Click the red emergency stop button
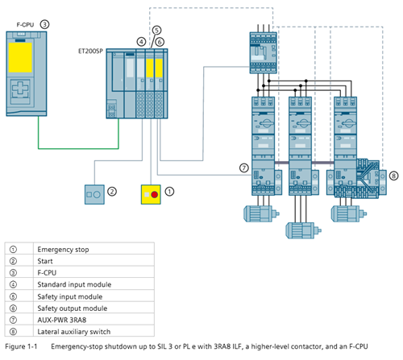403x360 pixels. pos(155,195)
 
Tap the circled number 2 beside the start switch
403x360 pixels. pos(112,192)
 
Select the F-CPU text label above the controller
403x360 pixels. pos(25,25)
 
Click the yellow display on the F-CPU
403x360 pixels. pos(20,57)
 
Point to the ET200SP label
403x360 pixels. pos(90,51)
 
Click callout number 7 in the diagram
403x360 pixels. pos(244,168)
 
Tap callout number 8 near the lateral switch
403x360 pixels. pos(393,176)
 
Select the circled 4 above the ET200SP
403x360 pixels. pos(141,42)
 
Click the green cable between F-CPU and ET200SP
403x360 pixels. pos(78,148)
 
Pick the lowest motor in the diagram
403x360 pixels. pos(303,230)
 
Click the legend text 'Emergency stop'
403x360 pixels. pos(63,250)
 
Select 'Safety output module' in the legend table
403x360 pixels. pos(73,308)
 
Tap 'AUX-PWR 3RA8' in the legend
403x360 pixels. pos(62,320)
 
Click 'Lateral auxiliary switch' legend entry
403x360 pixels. pos(74,332)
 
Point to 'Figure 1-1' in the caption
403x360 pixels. pos(21,346)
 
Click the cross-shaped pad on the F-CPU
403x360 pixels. pos(20,88)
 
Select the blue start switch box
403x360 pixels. pos(94,194)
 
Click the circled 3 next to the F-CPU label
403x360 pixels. pos(44,24)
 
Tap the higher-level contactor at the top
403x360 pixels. pos(263,53)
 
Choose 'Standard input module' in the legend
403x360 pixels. pos(74,284)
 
